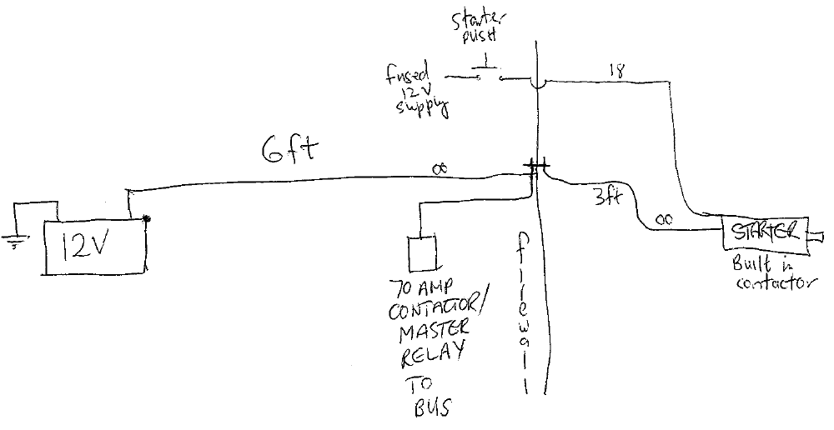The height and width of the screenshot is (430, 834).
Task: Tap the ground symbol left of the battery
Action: (x=13, y=242)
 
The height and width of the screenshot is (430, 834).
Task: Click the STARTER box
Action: (x=764, y=236)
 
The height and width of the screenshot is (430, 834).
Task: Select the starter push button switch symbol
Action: (x=481, y=72)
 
